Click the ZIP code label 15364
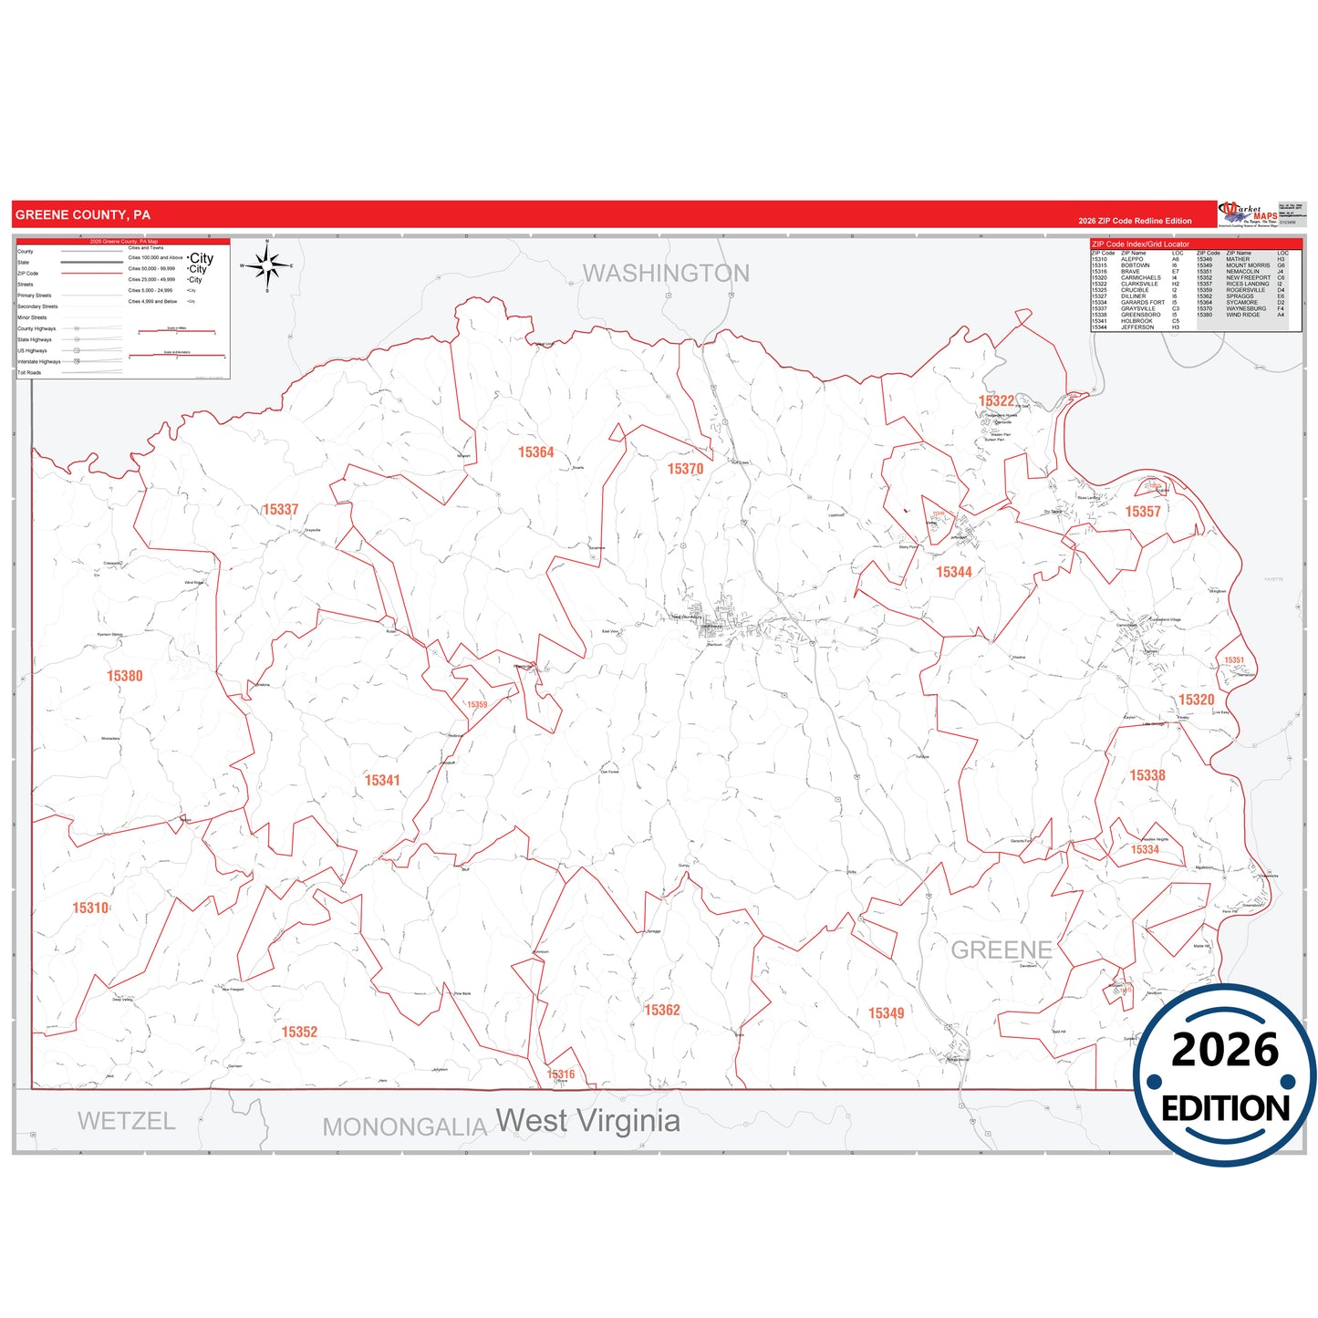pyautogui.click(x=536, y=452)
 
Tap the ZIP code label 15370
pyautogui.click(x=685, y=469)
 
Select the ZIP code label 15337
pyautogui.click(x=281, y=510)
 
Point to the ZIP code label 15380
pyautogui.click(x=125, y=676)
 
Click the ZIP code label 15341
pyautogui.click(x=382, y=781)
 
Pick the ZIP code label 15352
pyautogui.click(x=299, y=1032)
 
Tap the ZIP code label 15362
pyautogui.click(x=662, y=1010)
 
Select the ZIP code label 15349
pyautogui.click(x=886, y=1013)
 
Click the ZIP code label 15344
pyautogui.click(x=954, y=572)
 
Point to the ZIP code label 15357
pyautogui.click(x=1143, y=512)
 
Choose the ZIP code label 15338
pyautogui.click(x=1147, y=775)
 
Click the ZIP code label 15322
pyautogui.click(x=996, y=401)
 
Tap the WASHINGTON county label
pyautogui.click(x=666, y=274)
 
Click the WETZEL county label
pyautogui.click(x=126, y=1121)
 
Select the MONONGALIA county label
pyautogui.click(x=405, y=1127)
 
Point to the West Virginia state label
pyautogui.click(x=588, y=1120)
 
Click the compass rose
pyautogui.click(x=267, y=265)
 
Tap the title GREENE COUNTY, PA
pyautogui.click(x=83, y=215)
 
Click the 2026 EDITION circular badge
pyautogui.click(x=1225, y=1075)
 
